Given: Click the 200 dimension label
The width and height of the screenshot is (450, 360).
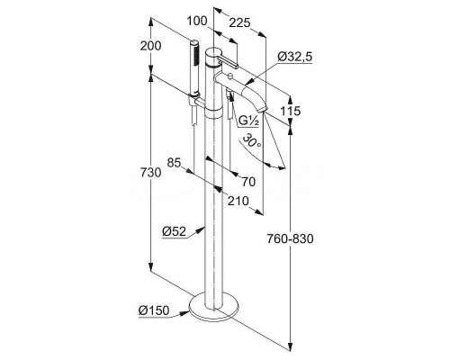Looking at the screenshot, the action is click(150, 46).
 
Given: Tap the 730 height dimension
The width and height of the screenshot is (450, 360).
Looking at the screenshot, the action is click(150, 173).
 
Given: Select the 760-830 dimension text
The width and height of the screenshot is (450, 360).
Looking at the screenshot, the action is click(290, 238).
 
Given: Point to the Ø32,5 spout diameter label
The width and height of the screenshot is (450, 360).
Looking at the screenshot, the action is click(294, 57).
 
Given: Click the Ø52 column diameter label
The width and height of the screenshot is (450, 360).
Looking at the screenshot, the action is click(175, 231).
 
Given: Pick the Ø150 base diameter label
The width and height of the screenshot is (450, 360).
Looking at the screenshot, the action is click(154, 310).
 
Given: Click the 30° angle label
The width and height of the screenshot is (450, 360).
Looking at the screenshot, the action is click(251, 141).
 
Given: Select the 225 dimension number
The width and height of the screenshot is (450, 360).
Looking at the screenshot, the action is click(239, 22).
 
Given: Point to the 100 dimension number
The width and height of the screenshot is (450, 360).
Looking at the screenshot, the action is click(197, 21).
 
